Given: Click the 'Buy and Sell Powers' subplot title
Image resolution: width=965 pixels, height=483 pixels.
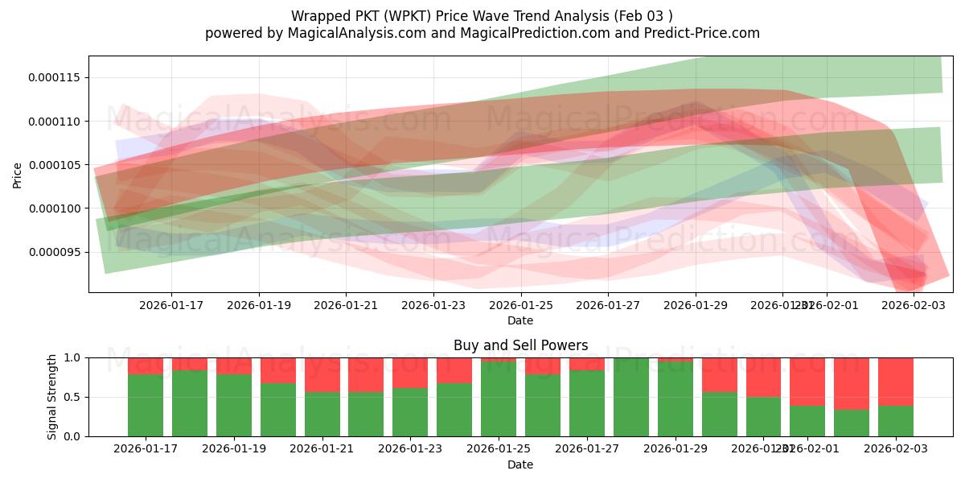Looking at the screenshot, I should (x=520, y=345).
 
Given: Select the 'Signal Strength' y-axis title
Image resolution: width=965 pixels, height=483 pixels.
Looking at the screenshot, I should (x=52, y=397).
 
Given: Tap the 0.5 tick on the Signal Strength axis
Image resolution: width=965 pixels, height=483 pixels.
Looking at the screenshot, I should (x=72, y=397).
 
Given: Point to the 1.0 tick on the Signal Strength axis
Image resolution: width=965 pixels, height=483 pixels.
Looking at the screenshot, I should (x=72, y=357).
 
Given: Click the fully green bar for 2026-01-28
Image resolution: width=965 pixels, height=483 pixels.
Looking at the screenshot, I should (x=630, y=397).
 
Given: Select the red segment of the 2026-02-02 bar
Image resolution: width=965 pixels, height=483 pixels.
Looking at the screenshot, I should (x=851, y=383).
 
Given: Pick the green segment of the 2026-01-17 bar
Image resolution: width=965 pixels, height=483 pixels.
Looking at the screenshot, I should (x=146, y=405).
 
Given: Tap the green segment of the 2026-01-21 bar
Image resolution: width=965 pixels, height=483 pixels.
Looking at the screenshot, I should (x=322, y=414).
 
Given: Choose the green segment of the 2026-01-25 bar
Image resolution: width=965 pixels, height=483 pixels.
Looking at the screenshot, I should (x=499, y=398).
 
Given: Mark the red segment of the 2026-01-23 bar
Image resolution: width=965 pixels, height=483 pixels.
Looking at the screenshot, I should (x=410, y=372).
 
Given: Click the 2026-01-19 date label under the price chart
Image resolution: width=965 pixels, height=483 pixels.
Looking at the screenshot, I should (x=258, y=305).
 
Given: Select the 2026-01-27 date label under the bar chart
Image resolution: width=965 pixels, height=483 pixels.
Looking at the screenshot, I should (x=586, y=449).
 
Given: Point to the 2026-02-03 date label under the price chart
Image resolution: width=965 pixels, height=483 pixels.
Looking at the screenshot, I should (x=914, y=305).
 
